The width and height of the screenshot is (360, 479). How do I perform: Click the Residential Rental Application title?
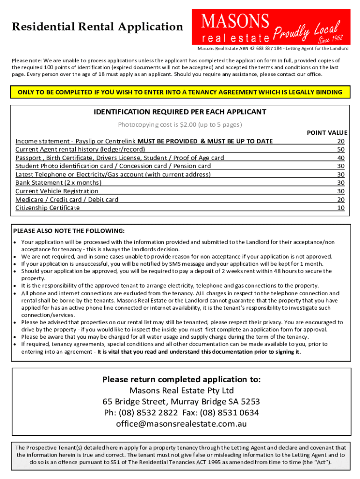pos(98,27)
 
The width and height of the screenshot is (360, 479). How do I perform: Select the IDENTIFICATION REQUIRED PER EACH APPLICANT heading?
pos(180,112)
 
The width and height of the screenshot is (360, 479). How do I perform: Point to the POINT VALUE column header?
pos(327,133)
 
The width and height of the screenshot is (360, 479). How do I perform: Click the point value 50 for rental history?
pos(340,149)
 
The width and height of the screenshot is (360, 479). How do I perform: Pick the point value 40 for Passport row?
pos(340,158)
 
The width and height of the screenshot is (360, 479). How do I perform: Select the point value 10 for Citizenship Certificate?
pos(340,208)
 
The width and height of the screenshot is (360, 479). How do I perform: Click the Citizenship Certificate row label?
pos(48,208)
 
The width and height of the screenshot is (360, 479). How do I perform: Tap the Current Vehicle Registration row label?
pos(57,191)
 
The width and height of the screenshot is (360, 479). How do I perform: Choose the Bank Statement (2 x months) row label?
pos(58,182)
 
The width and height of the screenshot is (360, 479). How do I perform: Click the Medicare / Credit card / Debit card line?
pos(67,199)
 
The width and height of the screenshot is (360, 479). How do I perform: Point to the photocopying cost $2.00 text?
pos(180,124)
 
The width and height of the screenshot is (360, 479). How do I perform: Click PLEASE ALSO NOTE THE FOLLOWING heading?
pos(69,231)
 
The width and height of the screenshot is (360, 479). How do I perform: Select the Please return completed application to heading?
pos(181,379)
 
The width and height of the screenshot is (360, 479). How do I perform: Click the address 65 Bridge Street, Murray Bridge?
pos(181,402)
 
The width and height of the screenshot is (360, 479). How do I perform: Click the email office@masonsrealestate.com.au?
pos(181,424)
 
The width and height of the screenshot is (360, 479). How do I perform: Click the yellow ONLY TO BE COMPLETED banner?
pos(180,92)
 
